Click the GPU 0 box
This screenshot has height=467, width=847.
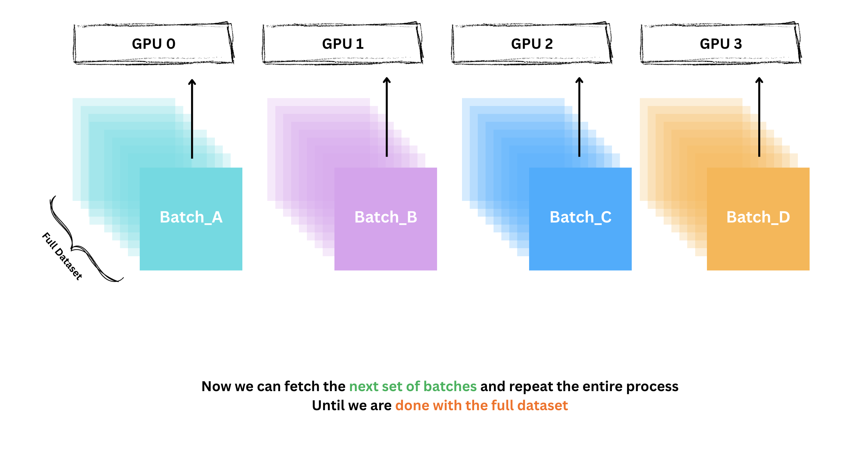154,44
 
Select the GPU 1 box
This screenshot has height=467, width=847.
343,44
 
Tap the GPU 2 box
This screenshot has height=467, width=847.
532,44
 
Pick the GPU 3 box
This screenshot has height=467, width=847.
720,44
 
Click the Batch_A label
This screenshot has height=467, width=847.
191,217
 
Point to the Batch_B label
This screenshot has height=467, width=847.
386,217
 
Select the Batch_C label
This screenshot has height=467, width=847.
580,217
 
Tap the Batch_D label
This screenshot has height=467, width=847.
758,217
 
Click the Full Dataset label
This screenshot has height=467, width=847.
62,256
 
